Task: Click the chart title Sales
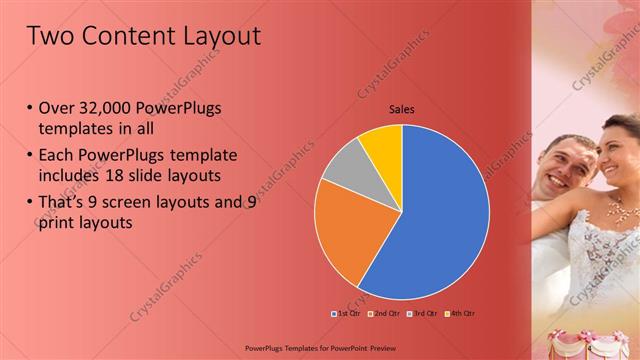click(x=402, y=110)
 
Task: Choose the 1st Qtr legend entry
click(x=344, y=314)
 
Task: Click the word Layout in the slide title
click(x=214, y=36)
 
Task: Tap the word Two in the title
click(x=49, y=36)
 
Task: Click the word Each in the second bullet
click(x=59, y=156)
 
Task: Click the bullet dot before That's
click(x=30, y=202)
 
